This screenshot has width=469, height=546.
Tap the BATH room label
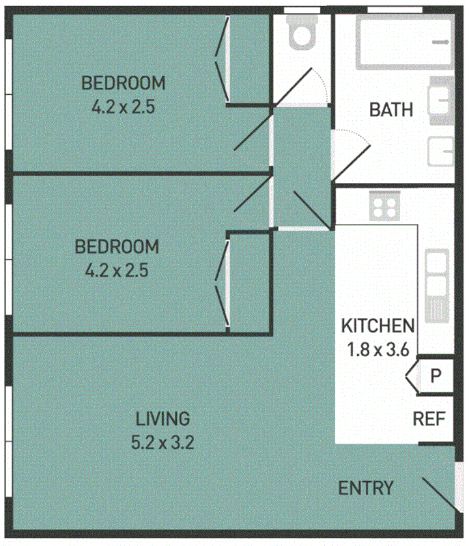[x=390, y=109]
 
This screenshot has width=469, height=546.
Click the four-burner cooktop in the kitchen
[x=384, y=205]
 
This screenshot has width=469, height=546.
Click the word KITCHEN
[x=378, y=326]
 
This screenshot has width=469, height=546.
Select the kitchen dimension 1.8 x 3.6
[x=378, y=351]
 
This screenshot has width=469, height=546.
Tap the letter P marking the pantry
[x=436, y=375]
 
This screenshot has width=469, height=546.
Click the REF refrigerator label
[x=429, y=418]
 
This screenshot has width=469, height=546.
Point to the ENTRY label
[x=366, y=488]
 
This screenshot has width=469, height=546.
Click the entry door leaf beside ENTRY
[x=438, y=494]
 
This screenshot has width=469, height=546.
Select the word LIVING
[x=162, y=418]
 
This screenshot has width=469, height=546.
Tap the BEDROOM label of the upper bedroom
[x=124, y=83]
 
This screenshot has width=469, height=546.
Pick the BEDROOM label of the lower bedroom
[x=117, y=246]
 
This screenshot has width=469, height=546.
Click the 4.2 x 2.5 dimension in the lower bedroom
[x=117, y=270]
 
